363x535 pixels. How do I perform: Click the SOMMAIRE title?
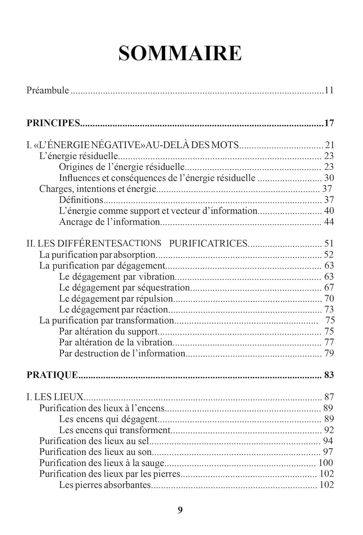click(180, 53)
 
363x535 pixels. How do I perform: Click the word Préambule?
click(47, 90)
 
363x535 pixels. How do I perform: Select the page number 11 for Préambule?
click(329, 90)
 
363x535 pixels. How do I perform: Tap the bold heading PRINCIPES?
click(53, 123)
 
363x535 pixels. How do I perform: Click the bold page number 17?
click(329, 123)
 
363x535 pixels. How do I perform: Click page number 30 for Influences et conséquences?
click(329, 178)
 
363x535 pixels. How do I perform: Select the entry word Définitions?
click(81, 200)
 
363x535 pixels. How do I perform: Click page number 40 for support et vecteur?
click(329, 211)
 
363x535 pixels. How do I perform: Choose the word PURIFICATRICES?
click(208, 244)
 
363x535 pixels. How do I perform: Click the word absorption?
click(134, 255)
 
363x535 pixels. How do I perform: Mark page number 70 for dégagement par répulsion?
click(329, 299)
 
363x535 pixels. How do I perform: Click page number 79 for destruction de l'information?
click(329, 353)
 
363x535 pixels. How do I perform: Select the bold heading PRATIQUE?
click(52, 375)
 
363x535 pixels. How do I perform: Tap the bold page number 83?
click(329, 375)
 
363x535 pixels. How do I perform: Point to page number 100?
click(326, 463)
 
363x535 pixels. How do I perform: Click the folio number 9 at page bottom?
click(180, 510)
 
